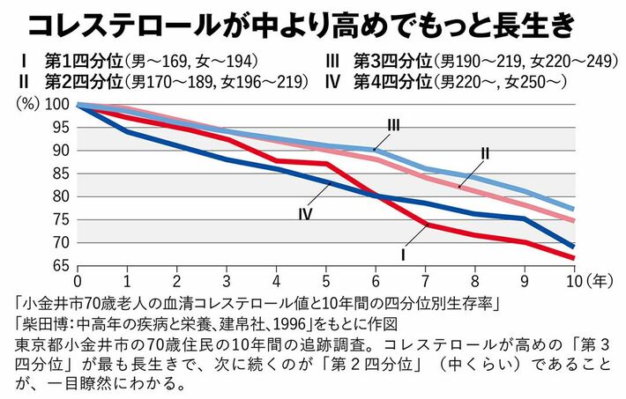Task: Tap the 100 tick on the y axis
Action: [x=61, y=105]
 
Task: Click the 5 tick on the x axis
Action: [x=326, y=280]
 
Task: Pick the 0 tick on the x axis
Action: [x=78, y=280]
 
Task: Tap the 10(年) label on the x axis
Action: [x=583, y=280]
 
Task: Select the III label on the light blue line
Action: [x=393, y=126]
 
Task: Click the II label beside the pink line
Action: [x=485, y=153]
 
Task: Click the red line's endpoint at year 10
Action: [x=575, y=258]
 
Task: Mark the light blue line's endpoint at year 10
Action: [x=575, y=210]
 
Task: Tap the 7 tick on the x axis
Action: [x=426, y=280]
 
